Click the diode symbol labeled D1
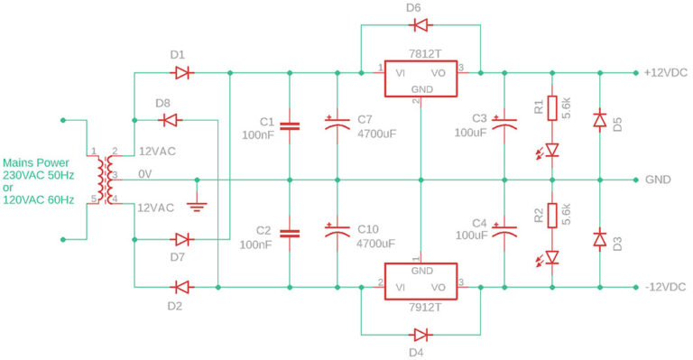tap(182, 72)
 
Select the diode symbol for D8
tap(167, 118)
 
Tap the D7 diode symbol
tap(182, 240)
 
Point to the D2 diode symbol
tap(182, 287)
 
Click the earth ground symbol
tap(198, 206)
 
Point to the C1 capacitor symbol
tap(290, 127)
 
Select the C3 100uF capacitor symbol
tap(507, 126)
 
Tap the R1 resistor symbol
tap(553, 109)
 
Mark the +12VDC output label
tap(665, 73)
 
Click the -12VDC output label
tap(665, 287)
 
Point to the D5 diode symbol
tap(599, 120)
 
